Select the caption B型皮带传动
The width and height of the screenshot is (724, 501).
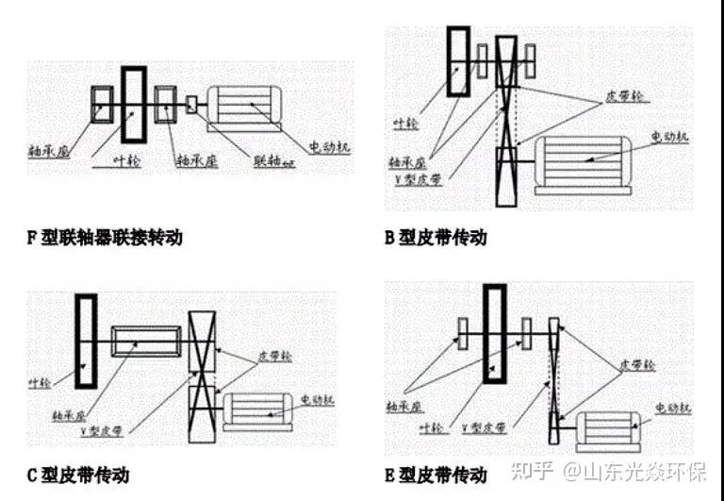coord(436,238)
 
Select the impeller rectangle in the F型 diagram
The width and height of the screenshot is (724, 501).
coord(133,105)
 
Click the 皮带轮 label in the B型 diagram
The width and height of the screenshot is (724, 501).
coord(601,98)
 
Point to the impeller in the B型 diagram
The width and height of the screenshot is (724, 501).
coord(459,61)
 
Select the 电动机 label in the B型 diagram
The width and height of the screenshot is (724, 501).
coord(669,137)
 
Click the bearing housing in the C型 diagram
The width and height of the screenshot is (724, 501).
coord(146,341)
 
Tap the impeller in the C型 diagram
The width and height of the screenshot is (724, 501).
coord(86,342)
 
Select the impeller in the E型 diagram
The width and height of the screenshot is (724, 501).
coord(495,334)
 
